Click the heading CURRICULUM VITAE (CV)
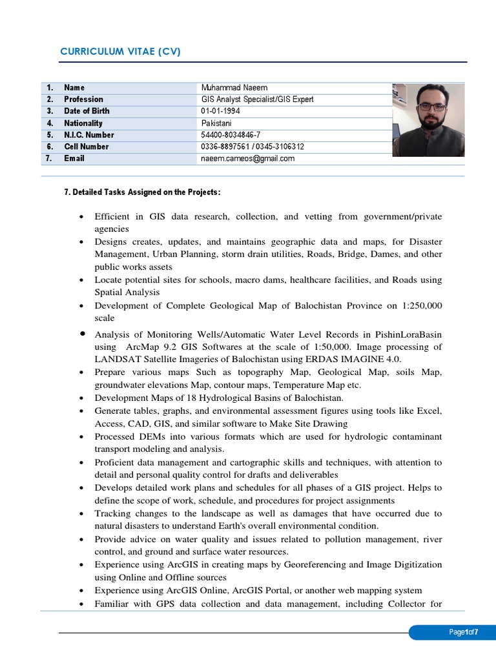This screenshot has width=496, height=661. pyautogui.click(x=120, y=52)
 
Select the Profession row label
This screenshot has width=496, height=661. pyautogui.click(x=83, y=99)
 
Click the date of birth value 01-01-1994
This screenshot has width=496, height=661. pyautogui.click(x=220, y=111)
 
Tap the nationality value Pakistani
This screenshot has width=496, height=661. pyautogui.click(x=216, y=123)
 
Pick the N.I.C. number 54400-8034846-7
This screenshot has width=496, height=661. pyautogui.click(x=231, y=135)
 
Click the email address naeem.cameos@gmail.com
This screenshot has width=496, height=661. pyautogui.click(x=247, y=158)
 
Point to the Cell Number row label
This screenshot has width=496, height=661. pyautogui.click(x=86, y=147)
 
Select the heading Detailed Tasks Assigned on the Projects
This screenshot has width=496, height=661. pyautogui.click(x=147, y=192)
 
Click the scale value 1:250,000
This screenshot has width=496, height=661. pyautogui.click(x=416, y=306)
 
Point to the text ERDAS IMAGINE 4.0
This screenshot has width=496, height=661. pyautogui.click(x=366, y=359)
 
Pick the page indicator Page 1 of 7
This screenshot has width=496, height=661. pyautogui.click(x=464, y=633)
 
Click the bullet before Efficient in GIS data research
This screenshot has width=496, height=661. pyautogui.click(x=83, y=217)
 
